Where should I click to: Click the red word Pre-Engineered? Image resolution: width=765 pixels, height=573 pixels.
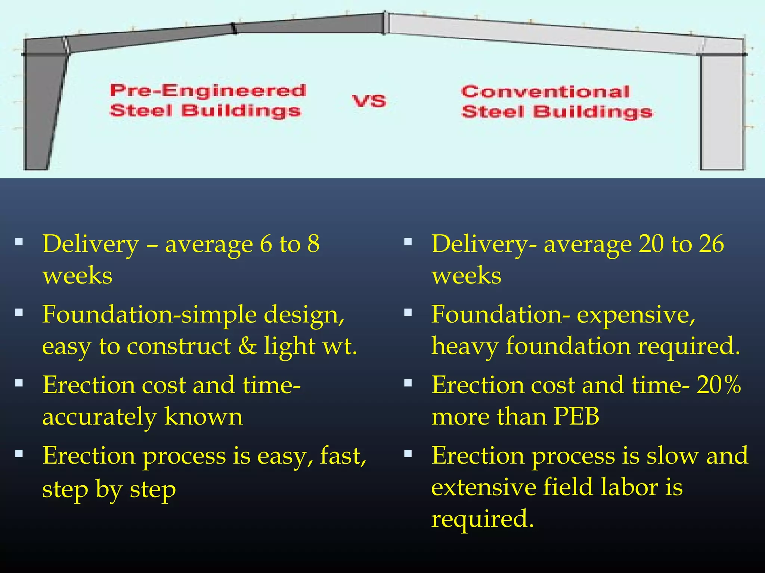point(208,91)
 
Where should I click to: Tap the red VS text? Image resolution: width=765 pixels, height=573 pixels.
point(369,101)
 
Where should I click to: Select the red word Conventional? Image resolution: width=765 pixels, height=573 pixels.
point(545,92)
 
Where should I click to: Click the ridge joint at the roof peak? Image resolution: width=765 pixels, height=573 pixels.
point(385,23)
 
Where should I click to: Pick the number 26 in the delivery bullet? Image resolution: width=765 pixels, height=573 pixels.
point(712,244)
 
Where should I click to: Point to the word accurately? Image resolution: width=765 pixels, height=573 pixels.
point(99,417)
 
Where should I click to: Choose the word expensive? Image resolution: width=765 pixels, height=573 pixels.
point(636,314)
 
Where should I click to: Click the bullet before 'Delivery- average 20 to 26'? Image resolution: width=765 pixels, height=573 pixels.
point(408,242)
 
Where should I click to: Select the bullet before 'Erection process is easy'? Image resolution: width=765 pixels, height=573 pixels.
point(19,454)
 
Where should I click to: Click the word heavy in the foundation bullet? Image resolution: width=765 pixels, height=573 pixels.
point(465,346)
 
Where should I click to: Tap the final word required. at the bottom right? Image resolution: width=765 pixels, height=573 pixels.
point(482,519)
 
